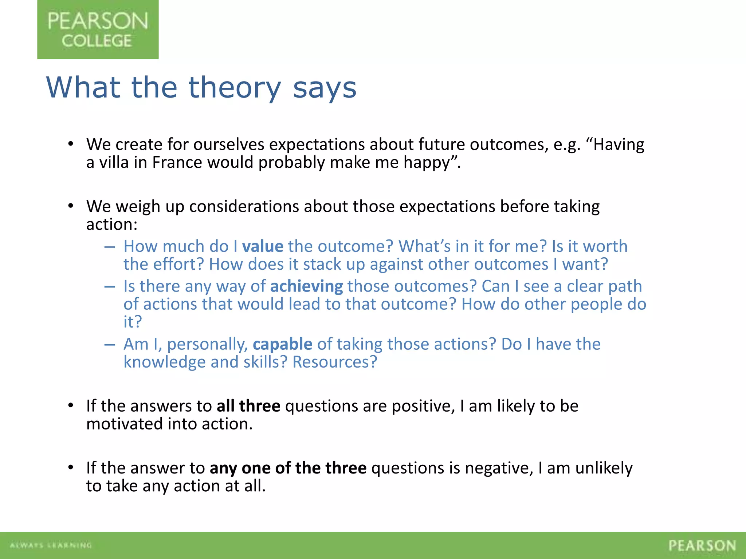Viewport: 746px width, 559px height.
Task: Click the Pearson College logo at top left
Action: [98, 29]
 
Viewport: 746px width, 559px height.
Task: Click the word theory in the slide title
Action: [235, 88]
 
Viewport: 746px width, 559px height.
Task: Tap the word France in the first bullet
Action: [177, 162]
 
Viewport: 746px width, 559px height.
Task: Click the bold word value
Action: [263, 246]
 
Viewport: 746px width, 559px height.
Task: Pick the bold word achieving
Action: [306, 286]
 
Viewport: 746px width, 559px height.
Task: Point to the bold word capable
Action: [282, 344]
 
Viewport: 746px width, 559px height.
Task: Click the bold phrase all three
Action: [248, 406]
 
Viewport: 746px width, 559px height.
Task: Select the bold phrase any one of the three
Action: [288, 468]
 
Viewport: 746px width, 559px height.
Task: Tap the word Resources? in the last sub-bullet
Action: [335, 362]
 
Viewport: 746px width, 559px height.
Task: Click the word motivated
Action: [125, 424]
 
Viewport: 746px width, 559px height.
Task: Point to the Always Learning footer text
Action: [51, 545]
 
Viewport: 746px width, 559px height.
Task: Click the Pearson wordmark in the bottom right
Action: [702, 546]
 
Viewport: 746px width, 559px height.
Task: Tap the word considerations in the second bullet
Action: [244, 206]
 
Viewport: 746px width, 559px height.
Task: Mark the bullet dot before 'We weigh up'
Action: [71, 206]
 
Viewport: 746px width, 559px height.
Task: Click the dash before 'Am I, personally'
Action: [109, 344]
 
